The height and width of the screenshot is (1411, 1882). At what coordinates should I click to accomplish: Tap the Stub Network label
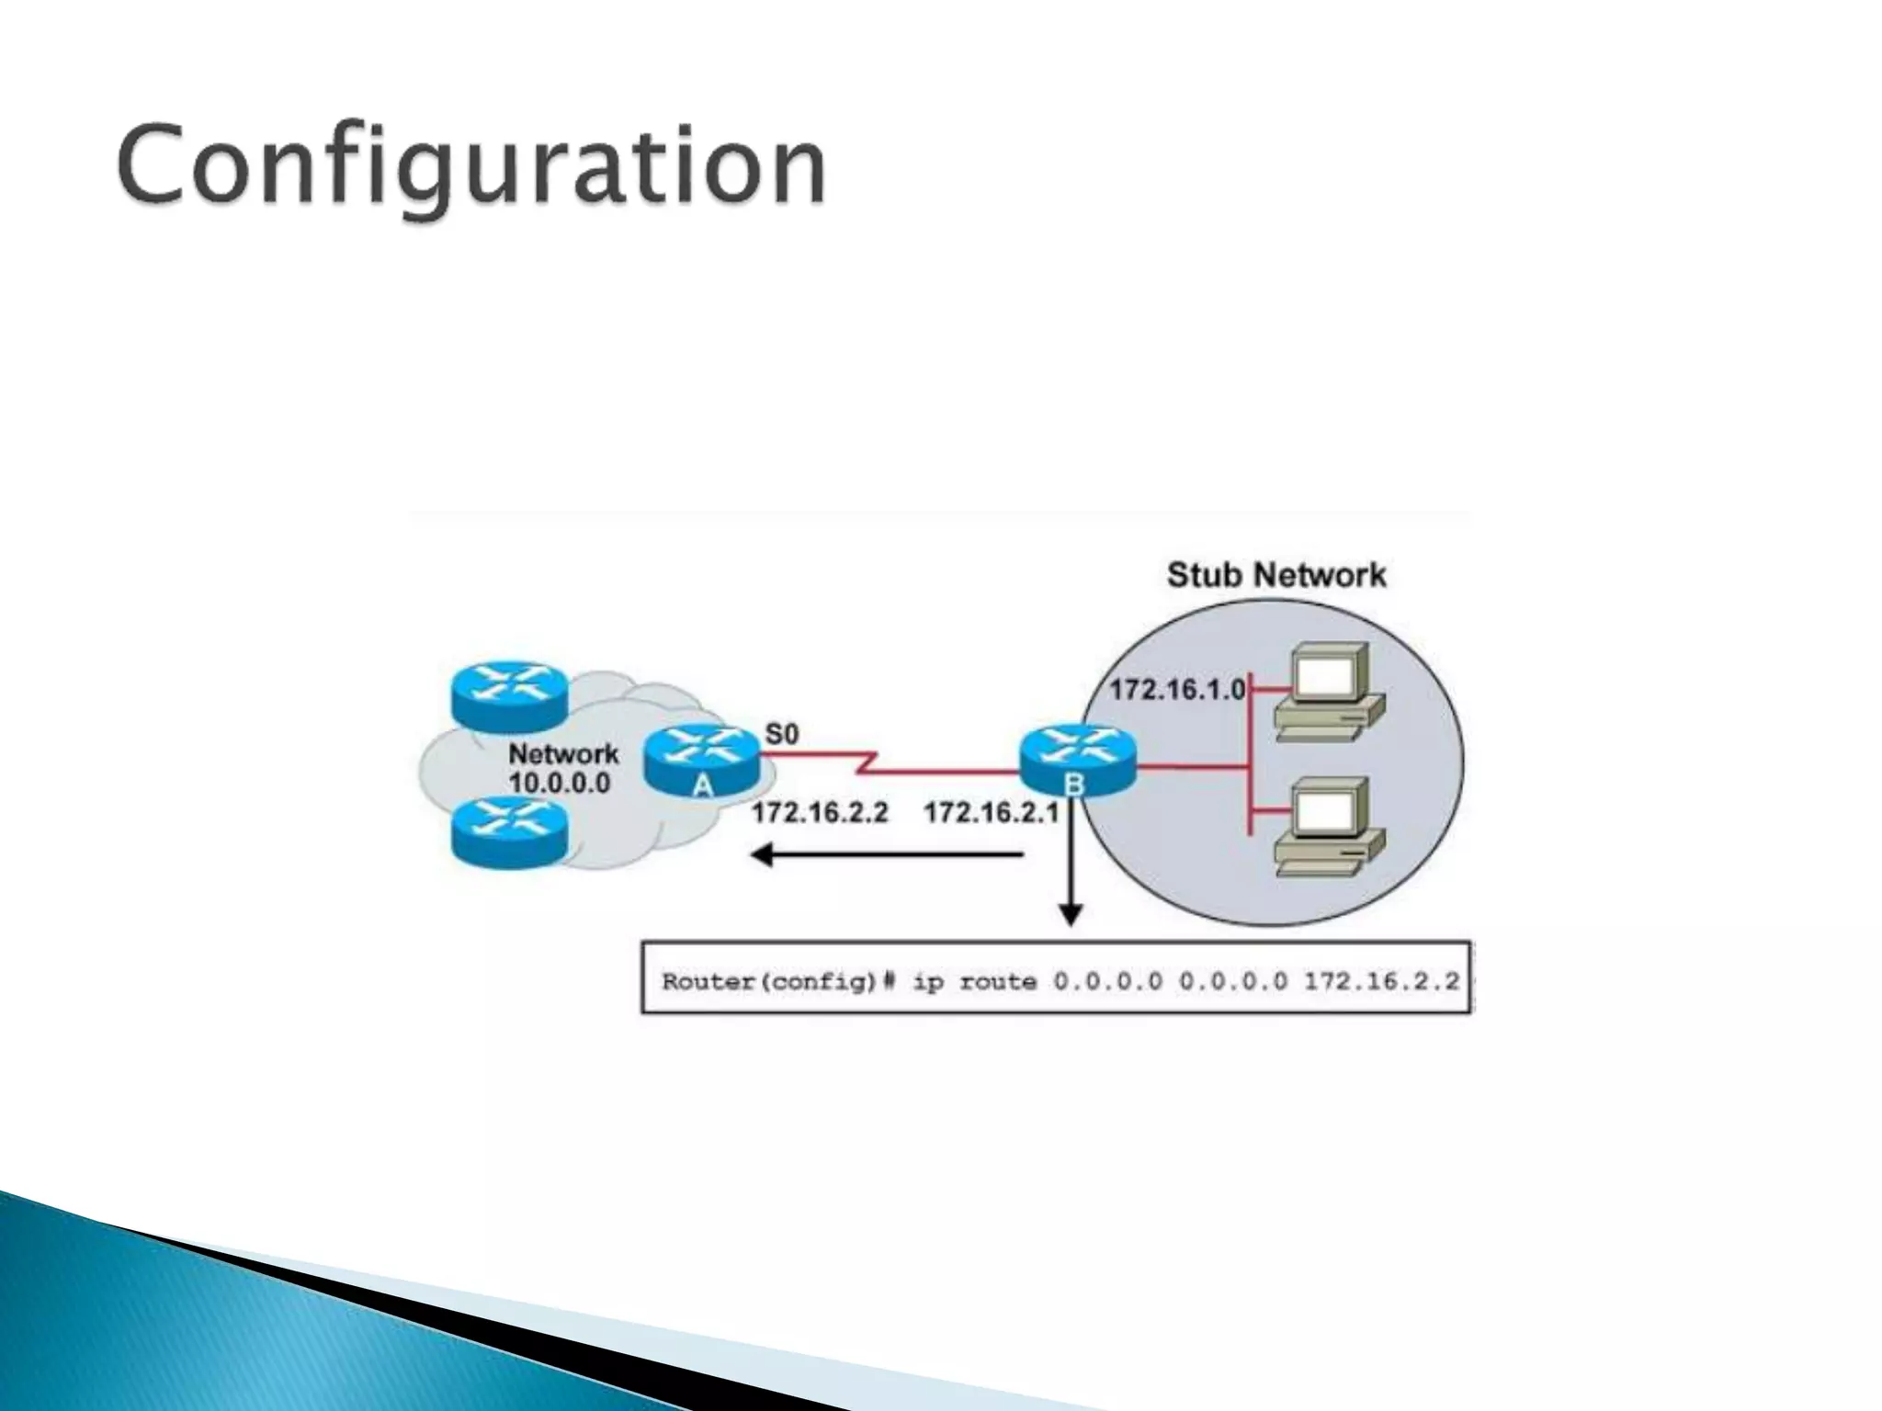(1275, 575)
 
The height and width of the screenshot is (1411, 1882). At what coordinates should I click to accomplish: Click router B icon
(1077, 759)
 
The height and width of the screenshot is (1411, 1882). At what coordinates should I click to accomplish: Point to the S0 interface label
(782, 734)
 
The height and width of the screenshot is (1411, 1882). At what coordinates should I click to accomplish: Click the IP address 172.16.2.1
(991, 812)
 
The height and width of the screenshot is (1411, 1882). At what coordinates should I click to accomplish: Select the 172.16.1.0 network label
(1177, 689)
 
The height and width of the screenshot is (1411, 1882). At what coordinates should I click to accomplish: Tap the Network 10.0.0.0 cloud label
(562, 768)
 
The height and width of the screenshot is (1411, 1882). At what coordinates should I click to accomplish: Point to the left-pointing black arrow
(888, 856)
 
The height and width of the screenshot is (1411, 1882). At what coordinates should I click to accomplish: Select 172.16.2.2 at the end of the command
(1381, 982)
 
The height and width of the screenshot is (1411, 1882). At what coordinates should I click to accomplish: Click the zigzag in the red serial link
(867, 762)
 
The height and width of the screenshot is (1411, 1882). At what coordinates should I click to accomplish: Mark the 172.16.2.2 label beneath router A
(820, 812)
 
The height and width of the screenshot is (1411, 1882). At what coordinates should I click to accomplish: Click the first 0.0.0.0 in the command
(1107, 982)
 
